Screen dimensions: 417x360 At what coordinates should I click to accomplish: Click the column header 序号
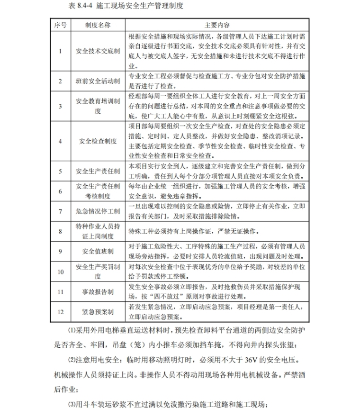click(60, 25)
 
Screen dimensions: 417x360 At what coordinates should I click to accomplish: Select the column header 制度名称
click(98, 25)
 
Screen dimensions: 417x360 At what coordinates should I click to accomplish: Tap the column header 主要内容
click(217, 25)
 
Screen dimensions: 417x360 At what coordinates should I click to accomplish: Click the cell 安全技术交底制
click(98, 51)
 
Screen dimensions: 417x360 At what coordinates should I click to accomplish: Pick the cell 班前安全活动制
click(98, 82)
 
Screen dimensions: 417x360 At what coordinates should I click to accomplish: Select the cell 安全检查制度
click(98, 141)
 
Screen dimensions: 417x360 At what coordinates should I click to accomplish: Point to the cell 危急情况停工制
click(98, 211)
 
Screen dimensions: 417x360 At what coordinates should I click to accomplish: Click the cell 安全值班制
click(98, 251)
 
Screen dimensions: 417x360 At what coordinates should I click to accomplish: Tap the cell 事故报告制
click(98, 292)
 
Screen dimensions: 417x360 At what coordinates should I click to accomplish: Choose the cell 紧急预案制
click(98, 312)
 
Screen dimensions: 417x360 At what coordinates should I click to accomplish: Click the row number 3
click(60, 107)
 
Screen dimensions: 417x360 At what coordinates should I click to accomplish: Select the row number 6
click(60, 191)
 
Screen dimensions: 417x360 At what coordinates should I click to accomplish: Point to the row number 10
click(60, 272)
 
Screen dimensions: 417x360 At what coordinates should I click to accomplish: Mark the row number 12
click(60, 312)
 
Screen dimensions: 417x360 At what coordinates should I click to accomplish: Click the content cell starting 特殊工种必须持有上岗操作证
click(192, 231)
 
